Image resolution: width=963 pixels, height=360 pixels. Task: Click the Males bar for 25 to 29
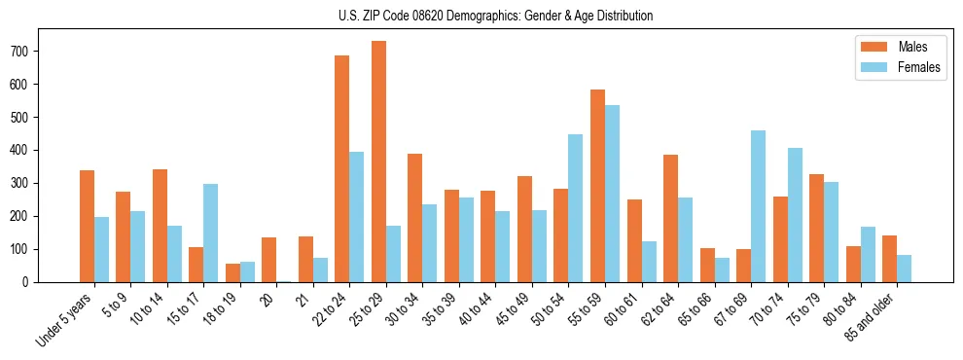pos(378,162)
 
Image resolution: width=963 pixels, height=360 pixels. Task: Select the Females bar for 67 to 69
pos(758,206)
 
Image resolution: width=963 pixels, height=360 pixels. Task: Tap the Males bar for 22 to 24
pos(342,168)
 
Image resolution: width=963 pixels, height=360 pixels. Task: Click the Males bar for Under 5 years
pos(87,226)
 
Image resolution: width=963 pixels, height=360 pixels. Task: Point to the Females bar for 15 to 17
pos(211,233)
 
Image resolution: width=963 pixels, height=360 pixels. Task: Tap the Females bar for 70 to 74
pos(795,215)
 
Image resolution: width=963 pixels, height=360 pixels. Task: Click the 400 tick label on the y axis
pos(26,150)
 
